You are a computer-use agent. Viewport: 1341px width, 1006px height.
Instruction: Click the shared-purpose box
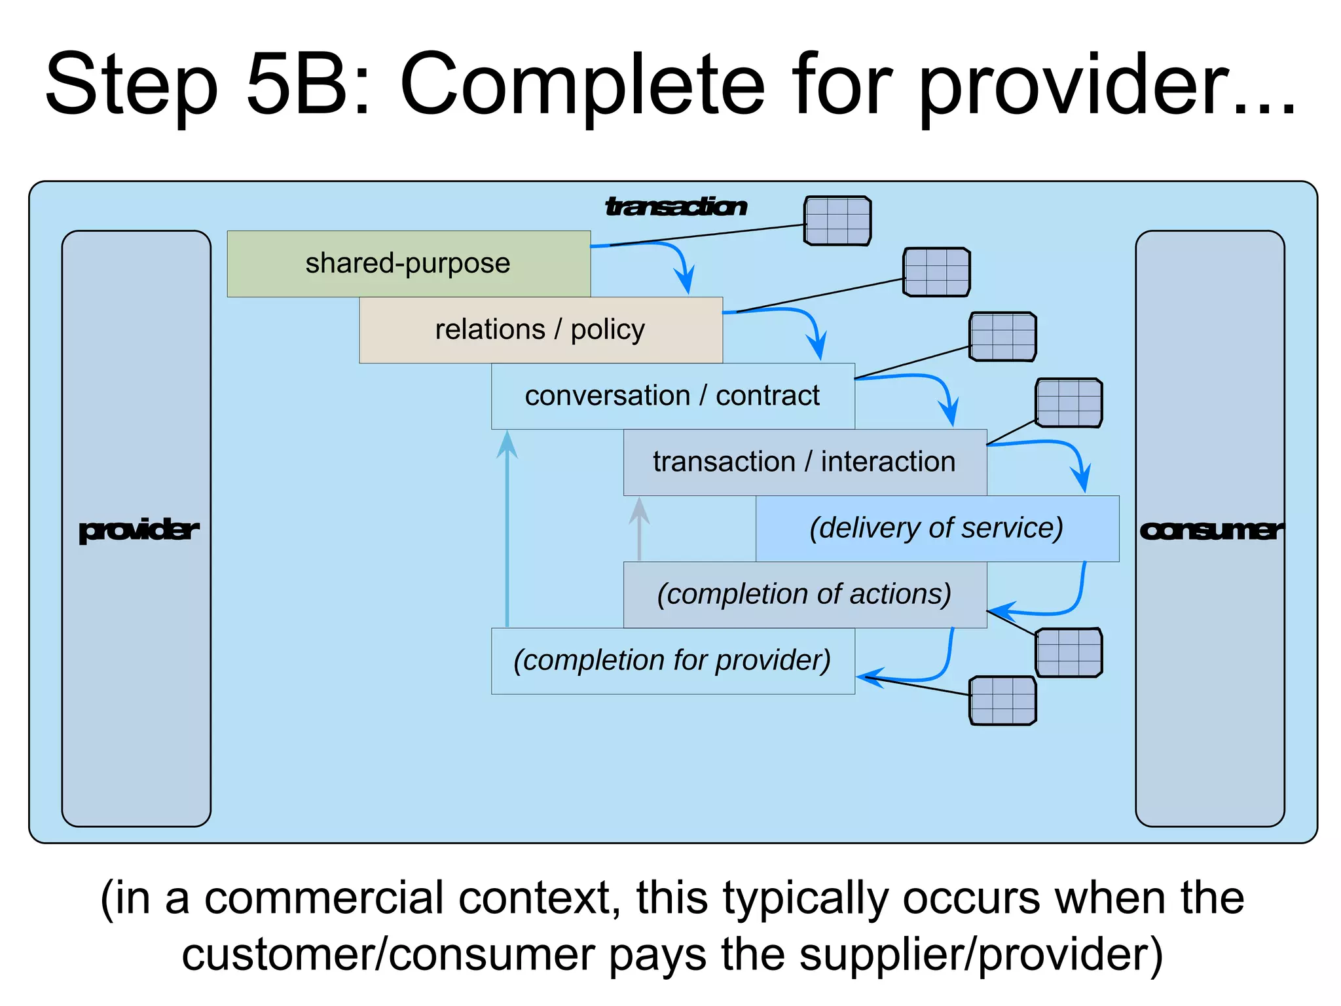click(408, 263)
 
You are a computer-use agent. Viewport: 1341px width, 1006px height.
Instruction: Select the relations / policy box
click(540, 329)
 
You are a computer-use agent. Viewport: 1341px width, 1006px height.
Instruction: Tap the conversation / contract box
click(672, 396)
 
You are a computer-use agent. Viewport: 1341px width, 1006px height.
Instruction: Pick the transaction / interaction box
click(804, 462)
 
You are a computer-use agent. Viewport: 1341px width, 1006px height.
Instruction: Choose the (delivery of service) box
click(936, 528)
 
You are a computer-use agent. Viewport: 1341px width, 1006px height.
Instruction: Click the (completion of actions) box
click(804, 594)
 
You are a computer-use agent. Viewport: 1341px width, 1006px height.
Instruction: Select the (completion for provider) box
click(672, 660)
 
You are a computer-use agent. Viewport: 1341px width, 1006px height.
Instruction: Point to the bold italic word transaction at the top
click(675, 206)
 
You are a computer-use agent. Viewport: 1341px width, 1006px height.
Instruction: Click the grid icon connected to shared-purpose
click(837, 221)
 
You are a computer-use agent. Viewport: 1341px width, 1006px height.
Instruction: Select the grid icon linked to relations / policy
click(936, 272)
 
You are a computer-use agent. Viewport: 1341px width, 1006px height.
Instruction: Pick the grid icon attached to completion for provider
click(1002, 701)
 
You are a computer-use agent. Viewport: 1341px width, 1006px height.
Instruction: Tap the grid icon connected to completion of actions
click(1069, 652)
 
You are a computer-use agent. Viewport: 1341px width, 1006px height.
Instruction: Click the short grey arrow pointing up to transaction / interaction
click(639, 527)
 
